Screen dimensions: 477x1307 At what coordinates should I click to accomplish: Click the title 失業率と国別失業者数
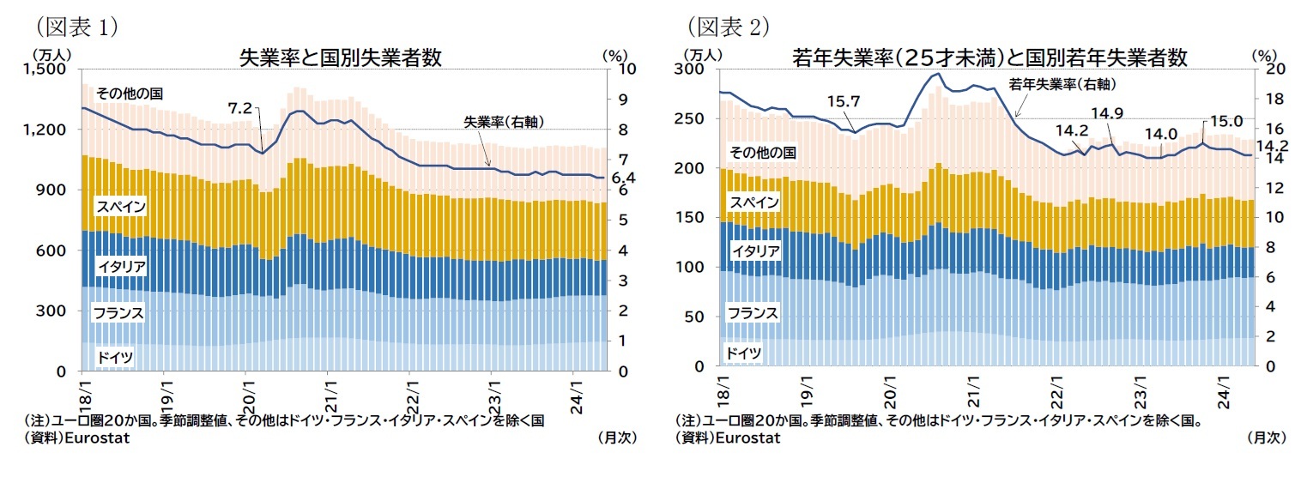click(340, 57)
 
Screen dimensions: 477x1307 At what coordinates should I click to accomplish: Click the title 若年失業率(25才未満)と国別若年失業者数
click(989, 57)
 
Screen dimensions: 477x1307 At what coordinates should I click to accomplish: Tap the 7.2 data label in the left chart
click(239, 108)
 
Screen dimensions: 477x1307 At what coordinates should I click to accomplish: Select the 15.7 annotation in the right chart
click(844, 101)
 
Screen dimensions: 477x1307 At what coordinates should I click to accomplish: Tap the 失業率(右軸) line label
click(504, 120)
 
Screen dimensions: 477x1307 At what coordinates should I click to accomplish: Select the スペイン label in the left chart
click(121, 206)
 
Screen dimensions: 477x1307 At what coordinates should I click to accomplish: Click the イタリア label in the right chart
click(755, 251)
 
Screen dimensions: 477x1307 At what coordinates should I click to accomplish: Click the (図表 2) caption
click(725, 26)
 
